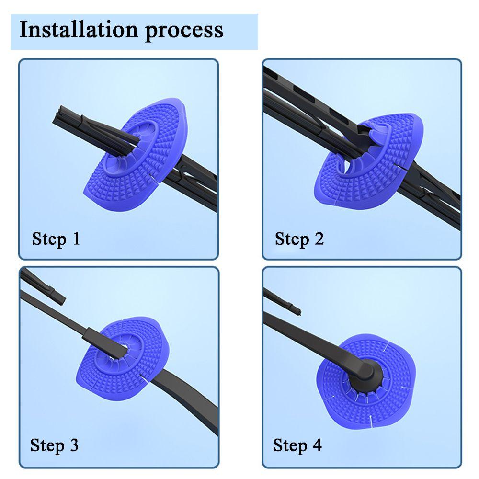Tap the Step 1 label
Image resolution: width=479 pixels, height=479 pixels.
pyautogui.click(x=56, y=238)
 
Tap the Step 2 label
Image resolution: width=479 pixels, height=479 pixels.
pyautogui.click(x=299, y=238)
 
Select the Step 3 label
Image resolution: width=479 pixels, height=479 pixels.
pyautogui.click(x=54, y=445)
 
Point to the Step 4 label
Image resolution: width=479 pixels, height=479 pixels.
pyautogui.click(x=297, y=445)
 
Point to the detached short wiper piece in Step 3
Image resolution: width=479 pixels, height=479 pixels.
pyautogui.click(x=46, y=287)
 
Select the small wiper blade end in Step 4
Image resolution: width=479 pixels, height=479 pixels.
pyautogui.click(x=283, y=302)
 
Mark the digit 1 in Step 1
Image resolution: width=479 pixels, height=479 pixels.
pyautogui.click(x=75, y=238)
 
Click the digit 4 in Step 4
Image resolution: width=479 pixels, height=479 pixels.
pyautogui.click(x=317, y=445)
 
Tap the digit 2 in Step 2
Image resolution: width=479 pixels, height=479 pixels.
pyautogui.click(x=319, y=238)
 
